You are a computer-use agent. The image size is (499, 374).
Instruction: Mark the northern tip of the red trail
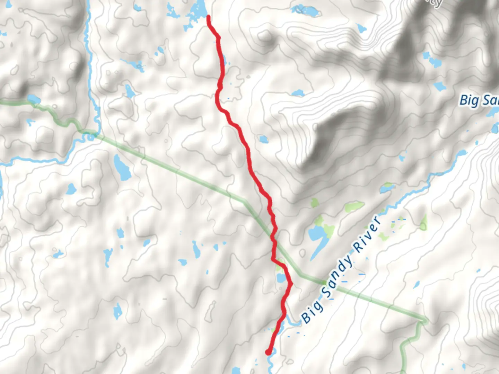tap(208, 17)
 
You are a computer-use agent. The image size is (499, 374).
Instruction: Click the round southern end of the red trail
tap(268, 352)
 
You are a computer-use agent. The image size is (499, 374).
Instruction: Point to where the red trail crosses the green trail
tap(273, 239)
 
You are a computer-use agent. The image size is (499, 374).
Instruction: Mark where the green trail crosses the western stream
tap(91, 133)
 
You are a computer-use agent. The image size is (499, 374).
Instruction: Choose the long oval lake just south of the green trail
tap(122, 168)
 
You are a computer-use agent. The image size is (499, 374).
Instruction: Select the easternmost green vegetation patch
tap(424, 223)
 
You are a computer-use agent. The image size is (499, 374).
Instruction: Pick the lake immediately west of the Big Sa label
tap(440, 86)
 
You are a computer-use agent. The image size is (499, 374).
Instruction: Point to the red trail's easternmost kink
tap(291, 284)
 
